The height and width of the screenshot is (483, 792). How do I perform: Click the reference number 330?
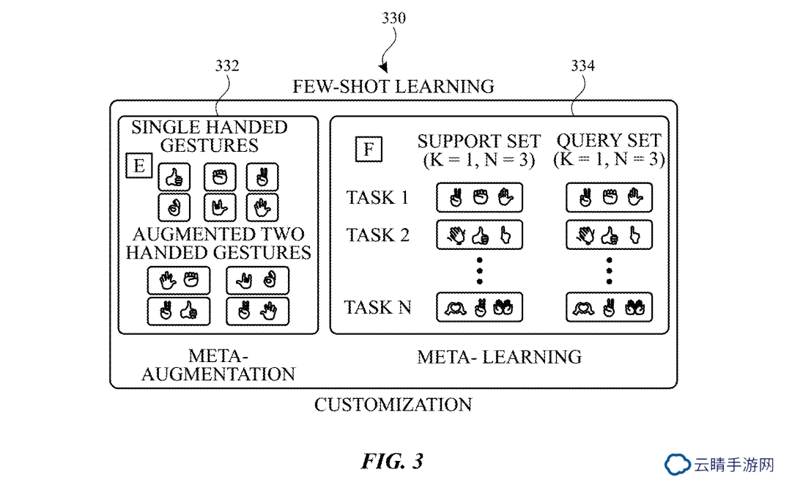(393, 18)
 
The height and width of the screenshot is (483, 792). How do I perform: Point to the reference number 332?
(227, 66)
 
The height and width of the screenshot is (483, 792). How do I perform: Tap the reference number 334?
(582, 66)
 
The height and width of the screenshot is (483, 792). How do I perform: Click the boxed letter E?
(139, 165)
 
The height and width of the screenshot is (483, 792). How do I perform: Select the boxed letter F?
(369, 149)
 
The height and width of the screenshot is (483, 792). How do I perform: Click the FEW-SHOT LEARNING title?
(393, 86)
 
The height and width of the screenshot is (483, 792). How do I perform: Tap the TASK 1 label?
(377, 197)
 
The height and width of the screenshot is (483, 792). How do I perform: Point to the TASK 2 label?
(377, 235)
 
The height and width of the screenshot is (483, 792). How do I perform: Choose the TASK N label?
(377, 307)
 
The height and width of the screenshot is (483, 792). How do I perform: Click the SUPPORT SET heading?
(479, 141)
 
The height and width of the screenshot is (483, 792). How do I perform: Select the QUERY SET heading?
(609, 140)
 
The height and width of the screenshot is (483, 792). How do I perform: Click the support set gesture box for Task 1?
(479, 198)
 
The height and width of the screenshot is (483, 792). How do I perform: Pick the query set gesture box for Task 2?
(609, 235)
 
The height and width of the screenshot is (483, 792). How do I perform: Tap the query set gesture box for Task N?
(609, 307)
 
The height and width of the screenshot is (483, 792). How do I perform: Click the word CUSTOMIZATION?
(393, 405)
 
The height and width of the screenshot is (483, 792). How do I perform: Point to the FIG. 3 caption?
(393, 461)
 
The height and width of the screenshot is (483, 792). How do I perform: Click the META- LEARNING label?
(499, 357)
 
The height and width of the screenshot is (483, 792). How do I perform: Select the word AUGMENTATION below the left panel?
(218, 375)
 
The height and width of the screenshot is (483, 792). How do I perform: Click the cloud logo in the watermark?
(677, 464)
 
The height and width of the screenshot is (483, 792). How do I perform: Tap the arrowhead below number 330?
(384, 67)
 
